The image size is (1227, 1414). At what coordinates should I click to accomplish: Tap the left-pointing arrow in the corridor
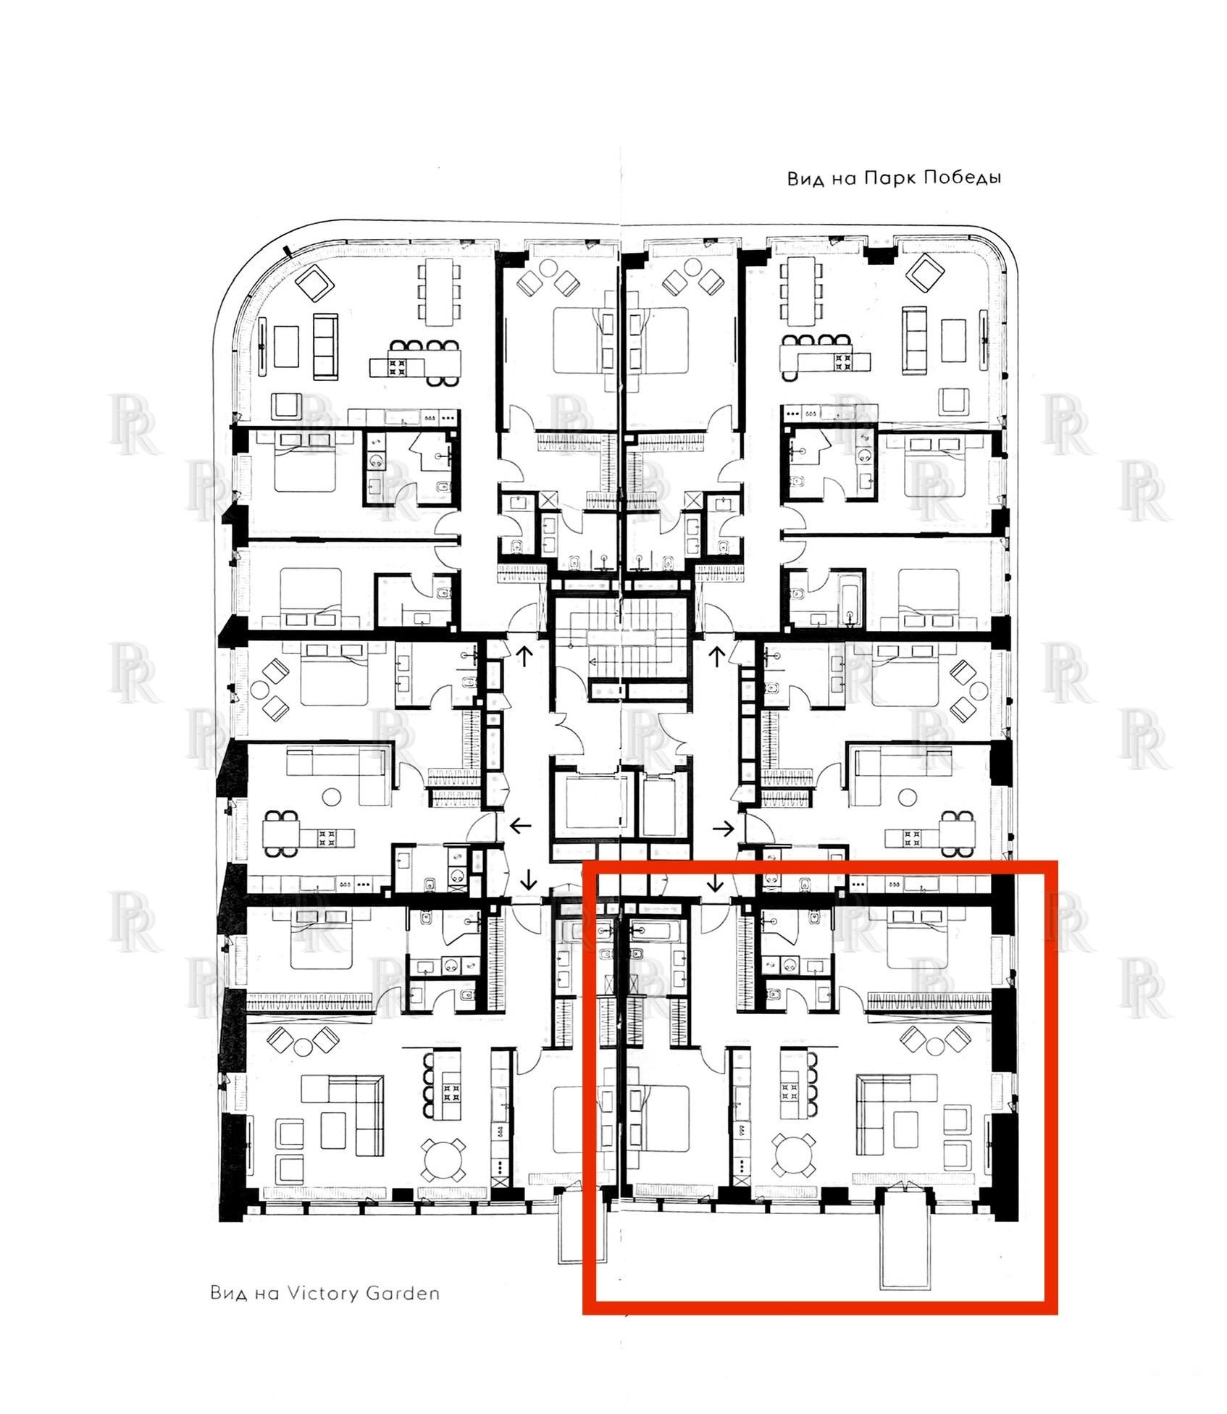tap(521, 825)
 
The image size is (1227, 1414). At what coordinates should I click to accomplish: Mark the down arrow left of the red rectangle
tap(529, 880)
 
